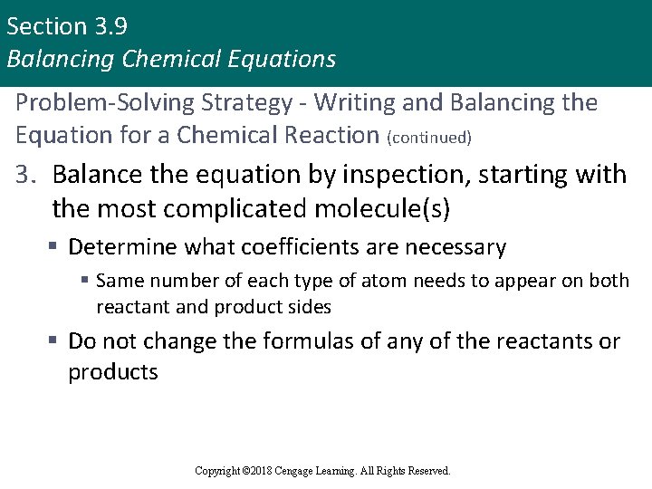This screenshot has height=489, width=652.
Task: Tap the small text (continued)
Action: point(429,138)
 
